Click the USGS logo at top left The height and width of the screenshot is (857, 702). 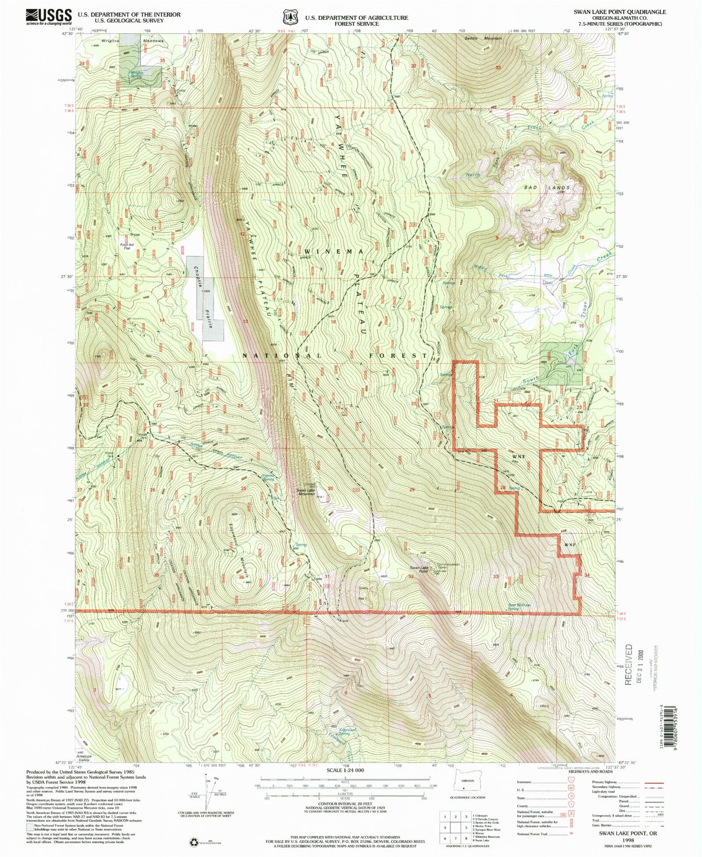click(49, 17)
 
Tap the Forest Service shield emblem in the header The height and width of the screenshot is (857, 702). click(291, 17)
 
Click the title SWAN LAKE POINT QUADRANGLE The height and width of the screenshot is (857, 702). click(619, 12)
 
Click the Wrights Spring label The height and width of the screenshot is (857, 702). click(137, 74)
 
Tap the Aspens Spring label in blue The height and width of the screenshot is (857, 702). click(268, 477)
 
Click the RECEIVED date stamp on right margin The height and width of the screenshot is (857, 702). click(630, 665)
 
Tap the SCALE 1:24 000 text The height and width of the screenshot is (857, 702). click(345, 784)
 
